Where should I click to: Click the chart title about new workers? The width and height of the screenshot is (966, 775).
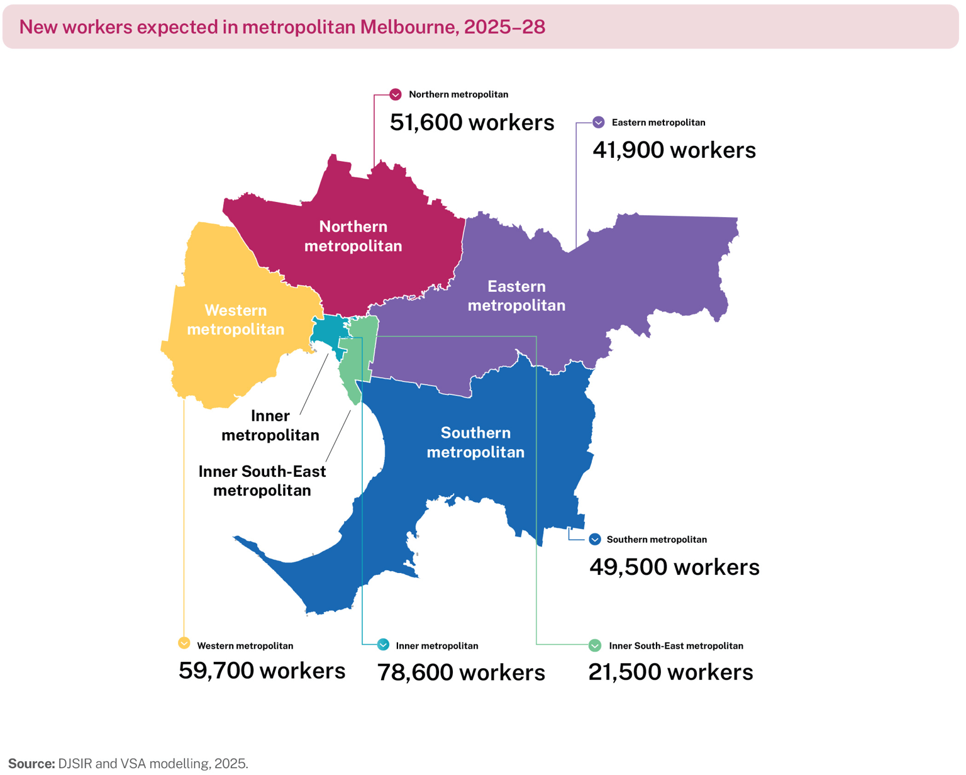pyautogui.click(x=282, y=27)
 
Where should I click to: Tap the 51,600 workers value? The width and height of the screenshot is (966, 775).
pyautogui.click(x=472, y=122)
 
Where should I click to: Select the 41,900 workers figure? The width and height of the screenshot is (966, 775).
pyautogui.click(x=674, y=150)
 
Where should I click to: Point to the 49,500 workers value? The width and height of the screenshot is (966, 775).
pyautogui.click(x=674, y=567)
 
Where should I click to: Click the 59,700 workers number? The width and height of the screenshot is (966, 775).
pyautogui.click(x=262, y=671)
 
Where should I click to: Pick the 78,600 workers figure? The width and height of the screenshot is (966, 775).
pyautogui.click(x=461, y=672)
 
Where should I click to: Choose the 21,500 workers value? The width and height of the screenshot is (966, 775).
pyautogui.click(x=670, y=672)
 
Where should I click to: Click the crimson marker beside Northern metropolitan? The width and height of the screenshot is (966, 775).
pyautogui.click(x=396, y=94)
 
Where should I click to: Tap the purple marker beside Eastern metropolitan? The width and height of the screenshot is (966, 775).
pyautogui.click(x=599, y=122)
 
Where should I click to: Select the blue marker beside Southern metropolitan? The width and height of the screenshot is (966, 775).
pyautogui.click(x=595, y=539)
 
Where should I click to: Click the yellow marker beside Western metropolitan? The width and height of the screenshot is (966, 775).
pyautogui.click(x=184, y=643)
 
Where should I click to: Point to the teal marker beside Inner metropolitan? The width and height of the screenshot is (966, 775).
pyautogui.click(x=383, y=645)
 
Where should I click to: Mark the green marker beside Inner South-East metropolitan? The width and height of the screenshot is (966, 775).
pyautogui.click(x=595, y=645)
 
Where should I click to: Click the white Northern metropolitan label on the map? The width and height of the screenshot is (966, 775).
pyautogui.click(x=353, y=236)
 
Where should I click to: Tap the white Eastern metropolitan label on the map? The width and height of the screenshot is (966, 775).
pyautogui.click(x=516, y=296)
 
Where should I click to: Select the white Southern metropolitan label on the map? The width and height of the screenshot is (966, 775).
pyautogui.click(x=475, y=442)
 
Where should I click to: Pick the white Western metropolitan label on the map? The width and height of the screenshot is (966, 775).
pyautogui.click(x=235, y=320)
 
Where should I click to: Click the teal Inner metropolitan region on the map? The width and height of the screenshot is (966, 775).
pyautogui.click(x=328, y=331)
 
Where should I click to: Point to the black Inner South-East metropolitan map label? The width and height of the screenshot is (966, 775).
pyautogui.click(x=262, y=481)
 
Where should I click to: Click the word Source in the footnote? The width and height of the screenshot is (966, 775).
pyautogui.click(x=31, y=764)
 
